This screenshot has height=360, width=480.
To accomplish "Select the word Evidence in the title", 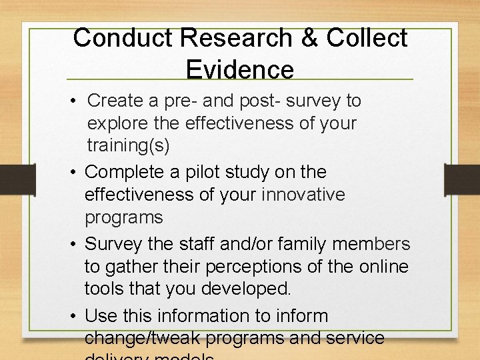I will pyautogui.click(x=240, y=69).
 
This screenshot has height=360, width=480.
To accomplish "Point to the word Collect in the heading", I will pyautogui.click(x=366, y=38).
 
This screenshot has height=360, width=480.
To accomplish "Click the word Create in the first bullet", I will pyautogui.click(x=115, y=101).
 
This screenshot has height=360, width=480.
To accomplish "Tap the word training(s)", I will pyautogui.click(x=128, y=146).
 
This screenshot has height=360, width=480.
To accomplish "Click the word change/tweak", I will pyautogui.click(x=143, y=338).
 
